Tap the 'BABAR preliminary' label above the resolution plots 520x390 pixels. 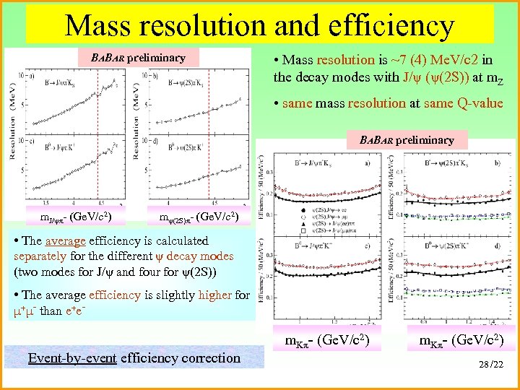point(137,58)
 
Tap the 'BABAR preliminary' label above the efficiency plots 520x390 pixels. point(407,139)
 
